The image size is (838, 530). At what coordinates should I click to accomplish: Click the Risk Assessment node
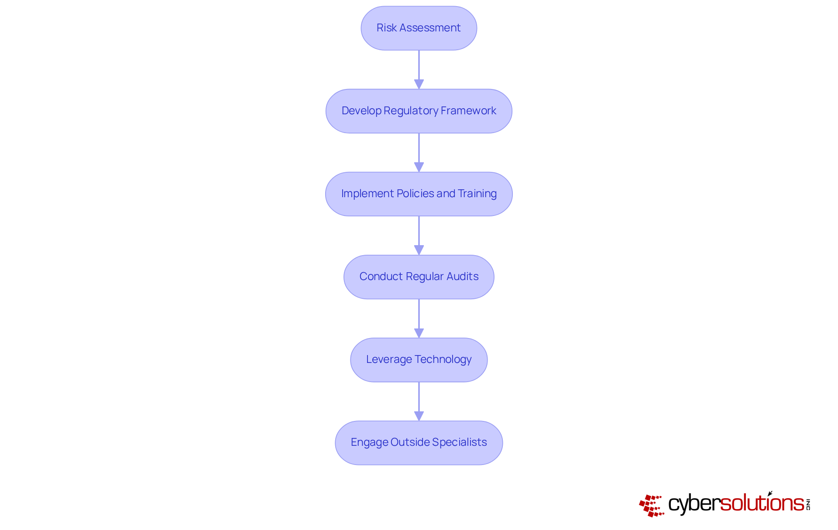click(x=419, y=28)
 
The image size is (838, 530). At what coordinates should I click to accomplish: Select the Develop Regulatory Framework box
click(x=419, y=111)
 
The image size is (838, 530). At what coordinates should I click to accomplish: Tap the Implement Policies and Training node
click(x=419, y=194)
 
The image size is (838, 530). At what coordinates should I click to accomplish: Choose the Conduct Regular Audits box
click(x=419, y=277)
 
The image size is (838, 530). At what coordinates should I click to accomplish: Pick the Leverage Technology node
click(x=419, y=359)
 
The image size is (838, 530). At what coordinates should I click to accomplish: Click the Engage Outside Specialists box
click(x=419, y=442)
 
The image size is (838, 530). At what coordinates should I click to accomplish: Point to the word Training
click(x=477, y=194)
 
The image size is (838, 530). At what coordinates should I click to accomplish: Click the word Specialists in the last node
click(x=459, y=442)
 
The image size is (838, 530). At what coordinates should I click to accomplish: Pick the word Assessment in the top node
click(x=430, y=28)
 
